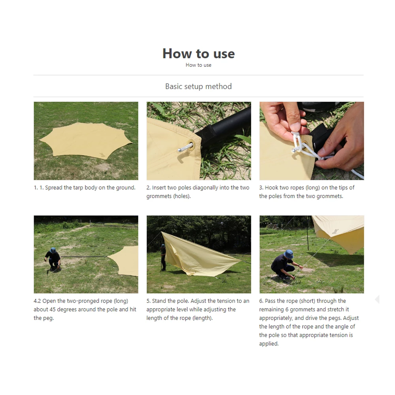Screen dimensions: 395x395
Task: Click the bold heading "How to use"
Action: tap(198, 53)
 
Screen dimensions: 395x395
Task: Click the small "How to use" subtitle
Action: tap(198, 65)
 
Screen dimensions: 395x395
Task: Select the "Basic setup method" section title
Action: tap(198, 86)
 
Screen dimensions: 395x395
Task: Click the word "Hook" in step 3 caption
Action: tap(272, 188)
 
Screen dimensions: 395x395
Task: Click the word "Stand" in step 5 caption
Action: tap(160, 301)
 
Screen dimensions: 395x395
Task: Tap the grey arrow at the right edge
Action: tap(376, 299)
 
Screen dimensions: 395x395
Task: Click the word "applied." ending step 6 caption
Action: tap(269, 344)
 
